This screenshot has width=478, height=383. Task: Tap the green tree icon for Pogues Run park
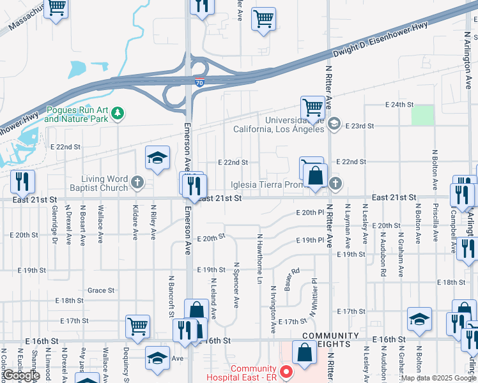point(117,114)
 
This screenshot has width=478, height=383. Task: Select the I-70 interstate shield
point(200,82)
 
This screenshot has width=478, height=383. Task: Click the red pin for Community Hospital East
point(286,372)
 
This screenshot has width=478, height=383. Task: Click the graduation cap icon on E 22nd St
point(157,159)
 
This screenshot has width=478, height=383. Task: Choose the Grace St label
point(101,290)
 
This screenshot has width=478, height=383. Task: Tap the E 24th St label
point(400,104)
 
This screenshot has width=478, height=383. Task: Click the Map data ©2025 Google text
point(438,378)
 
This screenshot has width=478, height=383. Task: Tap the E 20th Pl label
point(311,212)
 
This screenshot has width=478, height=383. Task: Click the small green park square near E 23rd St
point(422,115)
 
